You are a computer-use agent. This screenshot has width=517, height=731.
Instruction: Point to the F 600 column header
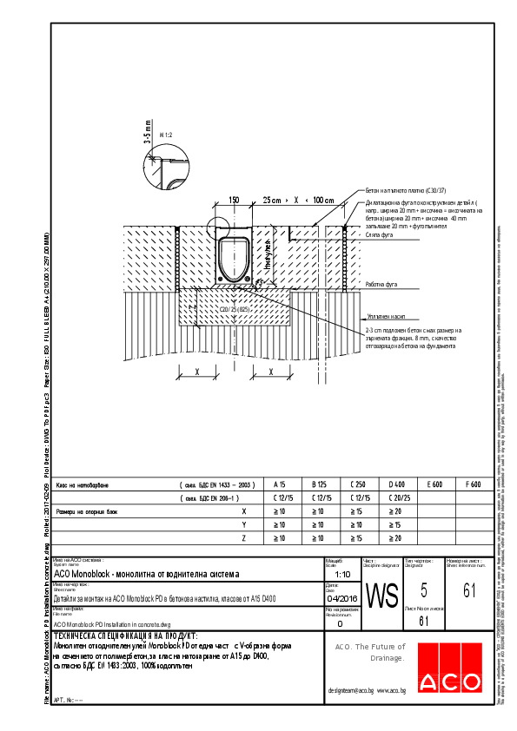474,484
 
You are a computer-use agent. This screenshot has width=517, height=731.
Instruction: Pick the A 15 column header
280,484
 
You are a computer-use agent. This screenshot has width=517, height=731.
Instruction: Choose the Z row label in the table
244,539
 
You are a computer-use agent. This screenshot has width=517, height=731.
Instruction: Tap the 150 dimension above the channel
233,200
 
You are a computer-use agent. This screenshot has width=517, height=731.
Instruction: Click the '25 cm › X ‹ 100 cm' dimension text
298,200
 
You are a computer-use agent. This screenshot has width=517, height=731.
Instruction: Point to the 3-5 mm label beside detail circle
147,135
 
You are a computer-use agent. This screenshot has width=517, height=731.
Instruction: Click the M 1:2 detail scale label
166,135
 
